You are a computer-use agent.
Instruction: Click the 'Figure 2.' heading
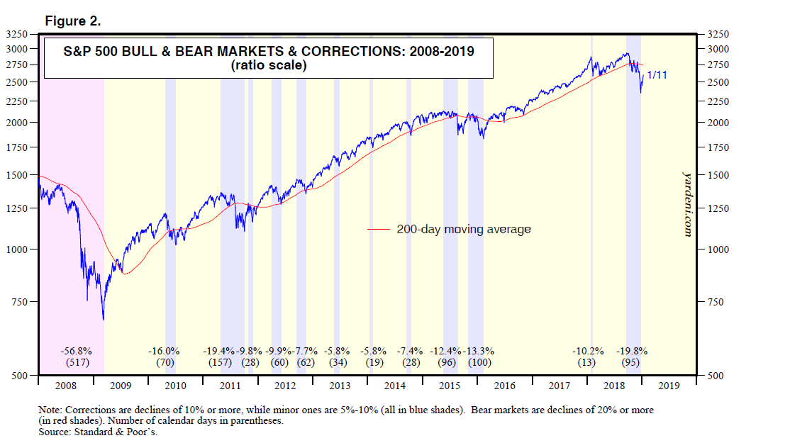click(x=74, y=21)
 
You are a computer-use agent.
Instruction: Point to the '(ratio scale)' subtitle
click(x=267, y=66)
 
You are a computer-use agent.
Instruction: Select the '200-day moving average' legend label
click(x=464, y=230)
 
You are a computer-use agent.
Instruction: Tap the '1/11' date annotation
click(x=656, y=75)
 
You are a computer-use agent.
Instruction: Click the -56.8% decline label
click(x=77, y=351)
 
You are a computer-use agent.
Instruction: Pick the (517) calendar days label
click(x=77, y=363)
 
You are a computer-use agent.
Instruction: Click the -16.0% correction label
click(x=164, y=351)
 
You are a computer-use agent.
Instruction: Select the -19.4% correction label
click(x=220, y=351)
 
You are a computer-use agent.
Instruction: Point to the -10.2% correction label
click(x=589, y=351)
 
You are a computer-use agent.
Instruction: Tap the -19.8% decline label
click(x=633, y=351)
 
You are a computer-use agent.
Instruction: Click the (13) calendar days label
click(x=586, y=363)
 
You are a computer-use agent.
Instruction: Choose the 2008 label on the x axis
click(x=65, y=386)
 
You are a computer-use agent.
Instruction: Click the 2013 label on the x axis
click(x=340, y=386)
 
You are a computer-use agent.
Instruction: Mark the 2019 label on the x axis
click(x=669, y=386)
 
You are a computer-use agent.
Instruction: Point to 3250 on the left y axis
click(x=16, y=34)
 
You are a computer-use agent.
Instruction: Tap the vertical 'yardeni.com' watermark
click(x=686, y=203)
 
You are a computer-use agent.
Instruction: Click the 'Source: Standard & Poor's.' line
click(x=99, y=432)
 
